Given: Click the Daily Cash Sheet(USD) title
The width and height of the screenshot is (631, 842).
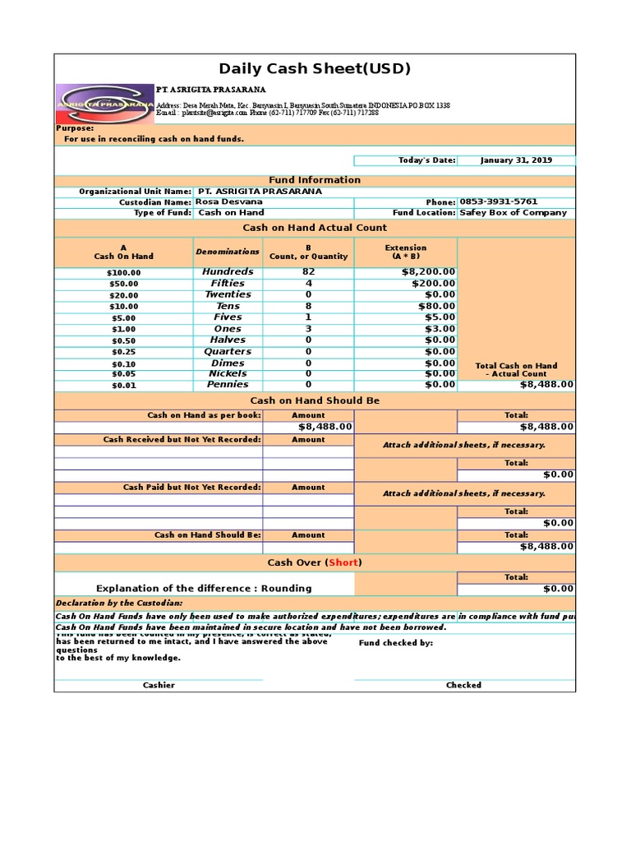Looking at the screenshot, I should (315, 68).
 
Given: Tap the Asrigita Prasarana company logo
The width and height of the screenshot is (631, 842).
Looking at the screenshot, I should (104, 104).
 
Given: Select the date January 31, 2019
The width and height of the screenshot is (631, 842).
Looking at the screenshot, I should (516, 160).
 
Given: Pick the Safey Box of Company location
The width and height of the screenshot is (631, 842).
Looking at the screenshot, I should (513, 212).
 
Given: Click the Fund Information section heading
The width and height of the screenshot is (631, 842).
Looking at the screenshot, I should (315, 180).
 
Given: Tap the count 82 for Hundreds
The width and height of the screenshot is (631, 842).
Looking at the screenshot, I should (308, 271).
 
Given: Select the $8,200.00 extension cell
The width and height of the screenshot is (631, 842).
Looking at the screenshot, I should (428, 271).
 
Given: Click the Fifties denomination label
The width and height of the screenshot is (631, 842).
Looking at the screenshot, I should (228, 283).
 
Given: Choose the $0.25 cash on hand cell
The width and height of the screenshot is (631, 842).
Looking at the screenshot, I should (124, 352).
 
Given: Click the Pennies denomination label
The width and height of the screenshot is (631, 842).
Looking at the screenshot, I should (228, 384).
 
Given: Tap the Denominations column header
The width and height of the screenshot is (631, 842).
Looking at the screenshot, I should (228, 251).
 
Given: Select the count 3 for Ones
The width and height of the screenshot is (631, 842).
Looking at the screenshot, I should (308, 329).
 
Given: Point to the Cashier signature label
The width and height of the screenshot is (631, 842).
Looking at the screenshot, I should (159, 685).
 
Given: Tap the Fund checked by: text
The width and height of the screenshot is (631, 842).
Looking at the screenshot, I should (396, 643).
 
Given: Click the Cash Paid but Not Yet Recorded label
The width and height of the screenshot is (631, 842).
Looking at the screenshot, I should (192, 487).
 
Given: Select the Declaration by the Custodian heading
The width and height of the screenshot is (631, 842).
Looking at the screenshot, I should (107, 603).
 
